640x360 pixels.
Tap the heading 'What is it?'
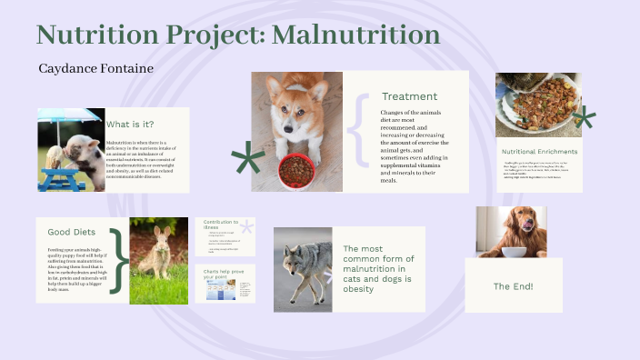(130, 124)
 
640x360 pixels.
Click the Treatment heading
(409, 96)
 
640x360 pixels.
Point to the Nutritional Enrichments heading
(539, 151)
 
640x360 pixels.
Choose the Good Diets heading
(71, 232)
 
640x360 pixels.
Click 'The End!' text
(514, 286)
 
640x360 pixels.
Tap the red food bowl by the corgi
(296, 170)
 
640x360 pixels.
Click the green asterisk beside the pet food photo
(582, 118)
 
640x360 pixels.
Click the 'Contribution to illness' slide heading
(220, 225)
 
